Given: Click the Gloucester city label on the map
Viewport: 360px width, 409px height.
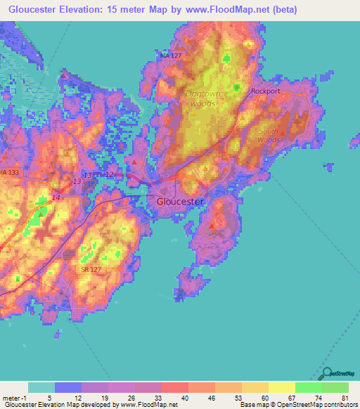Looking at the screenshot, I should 180,201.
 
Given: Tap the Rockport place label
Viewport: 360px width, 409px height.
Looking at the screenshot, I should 266,91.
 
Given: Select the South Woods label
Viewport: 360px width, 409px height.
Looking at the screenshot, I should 269,136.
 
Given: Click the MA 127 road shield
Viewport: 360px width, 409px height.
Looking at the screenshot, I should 171,55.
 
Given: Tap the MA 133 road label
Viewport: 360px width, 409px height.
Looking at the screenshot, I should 9,172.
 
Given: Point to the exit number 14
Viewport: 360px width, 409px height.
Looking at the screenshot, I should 56,199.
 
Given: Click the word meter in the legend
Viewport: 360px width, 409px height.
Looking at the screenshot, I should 13,398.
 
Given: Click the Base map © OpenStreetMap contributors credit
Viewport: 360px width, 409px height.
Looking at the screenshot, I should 299,405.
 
